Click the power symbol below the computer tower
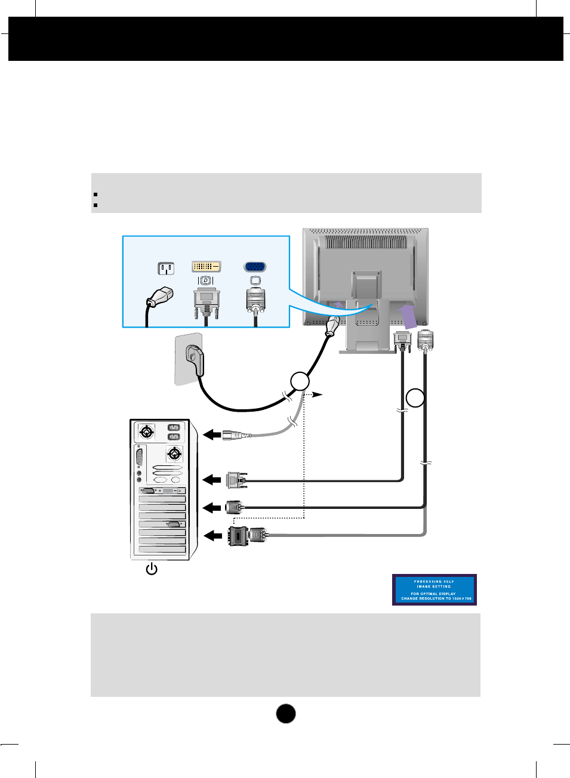(x=152, y=569)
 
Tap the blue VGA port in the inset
(x=255, y=267)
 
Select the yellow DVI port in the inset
(x=206, y=266)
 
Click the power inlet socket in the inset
(x=166, y=268)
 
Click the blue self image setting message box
(x=434, y=589)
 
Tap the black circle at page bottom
(x=286, y=714)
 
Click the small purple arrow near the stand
(x=338, y=307)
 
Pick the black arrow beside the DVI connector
(x=212, y=480)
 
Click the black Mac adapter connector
(x=238, y=536)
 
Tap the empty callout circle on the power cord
(x=300, y=381)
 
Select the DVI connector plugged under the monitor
(x=402, y=341)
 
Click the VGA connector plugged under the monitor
(x=425, y=340)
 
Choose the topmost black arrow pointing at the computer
(x=212, y=435)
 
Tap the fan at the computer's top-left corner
(x=146, y=431)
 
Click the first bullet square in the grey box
(x=95, y=194)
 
